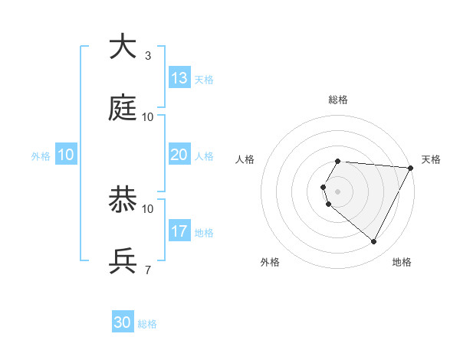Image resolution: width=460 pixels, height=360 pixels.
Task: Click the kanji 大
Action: coord(123,47)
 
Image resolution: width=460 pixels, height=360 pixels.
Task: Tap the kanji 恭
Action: coord(123,200)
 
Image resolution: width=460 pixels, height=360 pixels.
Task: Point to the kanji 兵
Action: coord(123,261)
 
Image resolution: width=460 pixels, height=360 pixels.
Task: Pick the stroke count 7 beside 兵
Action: coord(147,270)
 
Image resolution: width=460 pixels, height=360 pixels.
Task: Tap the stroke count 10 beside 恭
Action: coord(148,208)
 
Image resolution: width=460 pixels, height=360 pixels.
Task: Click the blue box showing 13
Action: coord(179,78)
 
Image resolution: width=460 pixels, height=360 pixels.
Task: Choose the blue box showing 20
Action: coord(179,155)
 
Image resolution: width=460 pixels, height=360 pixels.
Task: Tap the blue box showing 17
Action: coord(179,231)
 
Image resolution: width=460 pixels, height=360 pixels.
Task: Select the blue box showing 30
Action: coord(123,322)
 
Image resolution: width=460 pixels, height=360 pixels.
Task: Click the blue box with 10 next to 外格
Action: coord(66,155)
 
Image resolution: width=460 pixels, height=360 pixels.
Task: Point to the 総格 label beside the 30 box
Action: coord(147,324)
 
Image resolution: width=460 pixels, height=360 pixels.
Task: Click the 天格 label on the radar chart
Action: coord(431,159)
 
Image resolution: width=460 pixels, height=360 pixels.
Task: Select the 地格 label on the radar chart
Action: coord(402,262)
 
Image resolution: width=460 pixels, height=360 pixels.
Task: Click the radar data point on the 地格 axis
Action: coord(374,242)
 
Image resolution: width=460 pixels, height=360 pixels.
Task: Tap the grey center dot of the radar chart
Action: coord(338,191)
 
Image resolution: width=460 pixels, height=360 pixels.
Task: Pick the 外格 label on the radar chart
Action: coord(270,262)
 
